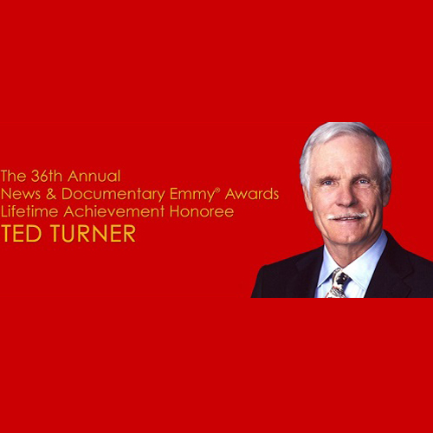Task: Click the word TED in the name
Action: pos(21,233)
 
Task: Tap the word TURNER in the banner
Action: pos(94,233)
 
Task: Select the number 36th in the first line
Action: pos(47,176)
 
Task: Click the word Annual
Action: pos(94,176)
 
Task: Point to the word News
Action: pos(21,194)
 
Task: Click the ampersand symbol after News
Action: pos(51,194)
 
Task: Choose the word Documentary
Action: pos(113,195)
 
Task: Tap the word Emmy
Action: pos(192,195)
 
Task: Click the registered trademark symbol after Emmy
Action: pos(218,190)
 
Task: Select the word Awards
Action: pos(252,194)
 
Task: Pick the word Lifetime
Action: pos(29,211)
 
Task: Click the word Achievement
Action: pos(114,211)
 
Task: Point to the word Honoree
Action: pos(202,211)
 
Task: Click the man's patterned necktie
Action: pos(338,283)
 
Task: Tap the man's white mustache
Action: pos(347,216)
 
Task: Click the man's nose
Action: pos(346,197)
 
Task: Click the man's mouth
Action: pos(348,219)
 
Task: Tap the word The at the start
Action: pos(13,176)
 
